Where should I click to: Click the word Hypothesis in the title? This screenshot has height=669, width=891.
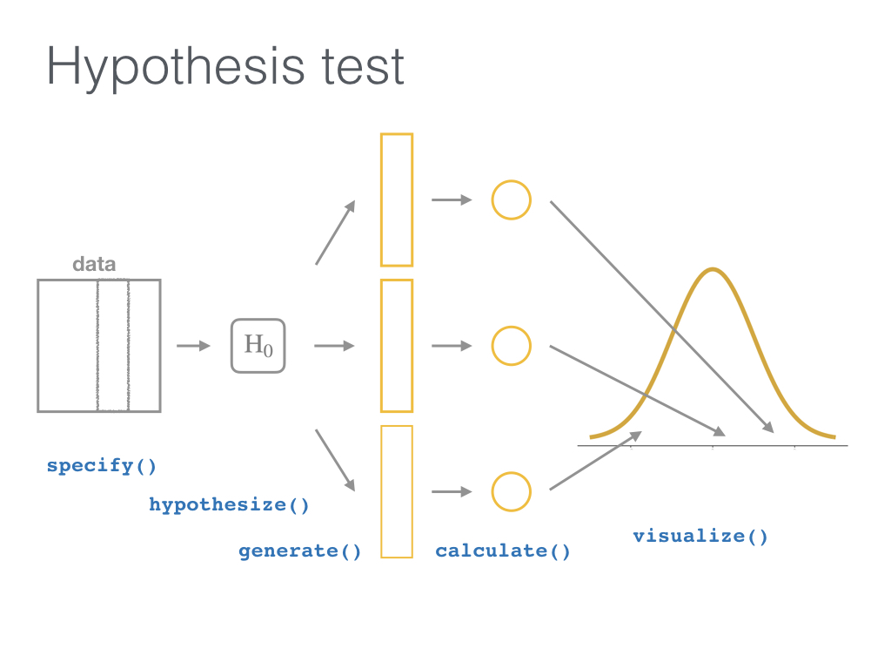(x=176, y=68)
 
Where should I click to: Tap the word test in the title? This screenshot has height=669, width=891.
(x=363, y=67)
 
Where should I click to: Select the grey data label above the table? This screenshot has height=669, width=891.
(x=94, y=265)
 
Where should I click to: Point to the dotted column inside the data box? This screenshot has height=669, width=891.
(x=97, y=345)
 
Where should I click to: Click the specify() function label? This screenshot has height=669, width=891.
(x=101, y=466)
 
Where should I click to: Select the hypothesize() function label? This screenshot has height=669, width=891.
(x=229, y=505)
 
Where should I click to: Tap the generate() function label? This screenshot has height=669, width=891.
(x=300, y=551)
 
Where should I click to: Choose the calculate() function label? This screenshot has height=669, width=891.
(x=503, y=551)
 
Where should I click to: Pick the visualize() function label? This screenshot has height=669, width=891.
(x=700, y=537)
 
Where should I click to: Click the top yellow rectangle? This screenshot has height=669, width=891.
(x=381, y=199)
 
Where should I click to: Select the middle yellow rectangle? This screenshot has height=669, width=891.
(x=381, y=346)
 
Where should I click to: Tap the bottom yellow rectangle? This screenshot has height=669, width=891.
(x=381, y=491)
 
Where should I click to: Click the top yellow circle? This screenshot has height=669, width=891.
(x=492, y=200)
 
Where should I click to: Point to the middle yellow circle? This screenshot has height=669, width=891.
(x=492, y=346)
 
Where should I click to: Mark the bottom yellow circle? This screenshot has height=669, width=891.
(x=492, y=492)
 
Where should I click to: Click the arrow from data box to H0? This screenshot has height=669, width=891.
(x=194, y=346)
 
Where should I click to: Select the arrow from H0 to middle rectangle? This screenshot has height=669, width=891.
(x=334, y=346)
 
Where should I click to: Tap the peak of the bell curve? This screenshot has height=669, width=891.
(x=713, y=270)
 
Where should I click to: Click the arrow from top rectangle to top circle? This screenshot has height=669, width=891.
(x=452, y=200)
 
